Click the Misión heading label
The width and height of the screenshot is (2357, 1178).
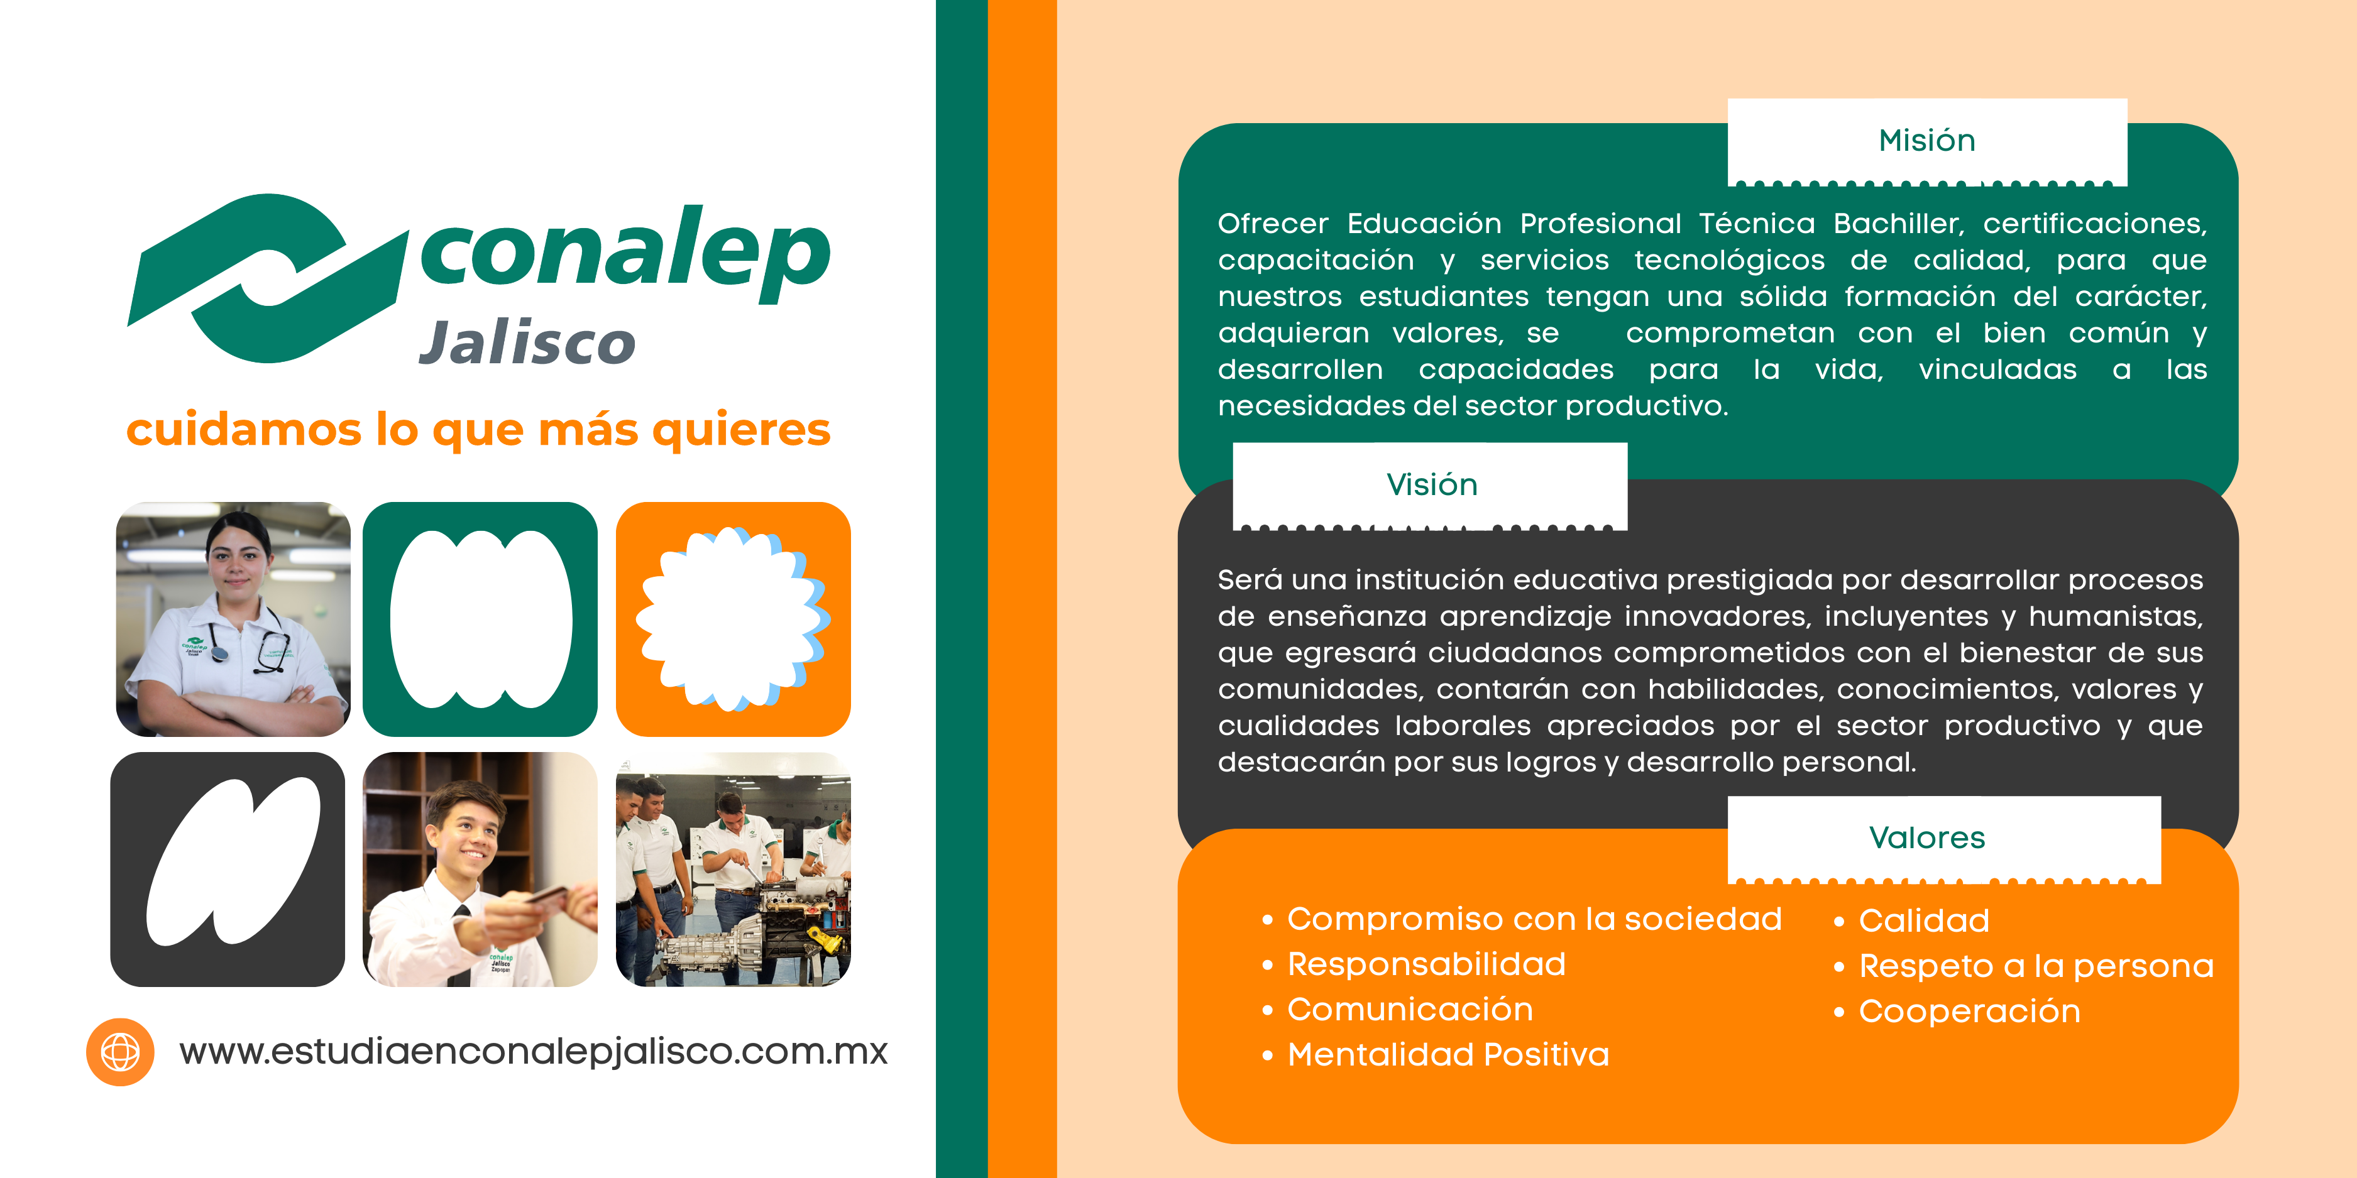pyautogui.click(x=1927, y=140)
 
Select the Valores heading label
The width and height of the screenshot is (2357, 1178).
pyautogui.click(x=1927, y=837)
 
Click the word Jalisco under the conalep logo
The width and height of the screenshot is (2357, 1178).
pyautogui.click(x=527, y=343)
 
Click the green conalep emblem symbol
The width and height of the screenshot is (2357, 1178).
pyautogui.click(x=267, y=278)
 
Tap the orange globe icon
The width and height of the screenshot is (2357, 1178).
pyautogui.click(x=120, y=1052)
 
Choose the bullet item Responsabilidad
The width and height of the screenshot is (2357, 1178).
pyautogui.click(x=1426, y=964)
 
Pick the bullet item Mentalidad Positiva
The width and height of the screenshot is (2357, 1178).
pyautogui.click(x=1448, y=1054)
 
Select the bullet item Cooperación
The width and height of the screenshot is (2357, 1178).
pyautogui.click(x=1969, y=1011)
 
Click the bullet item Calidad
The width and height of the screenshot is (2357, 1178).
pyautogui.click(x=1923, y=920)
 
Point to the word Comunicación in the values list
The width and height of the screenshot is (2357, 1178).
pyautogui.click(x=1409, y=1009)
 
